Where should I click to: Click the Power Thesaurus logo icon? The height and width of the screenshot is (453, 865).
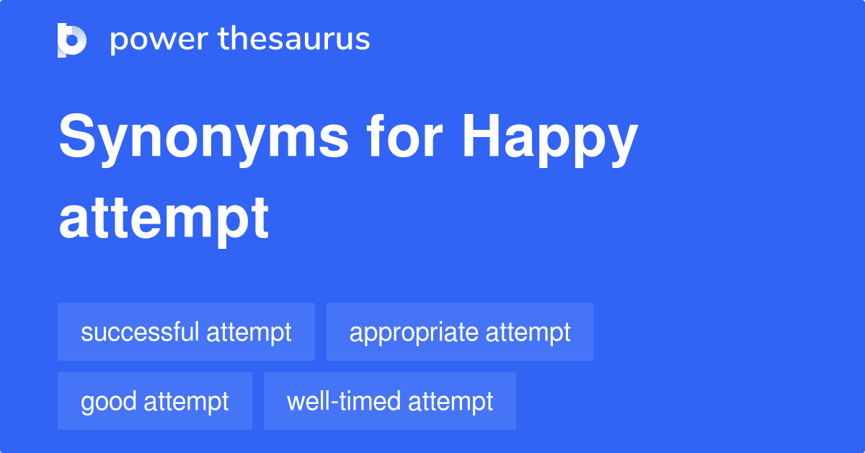(x=72, y=40)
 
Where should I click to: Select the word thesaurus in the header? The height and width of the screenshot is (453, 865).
(x=294, y=40)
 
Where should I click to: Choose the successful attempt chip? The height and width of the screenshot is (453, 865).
(x=186, y=332)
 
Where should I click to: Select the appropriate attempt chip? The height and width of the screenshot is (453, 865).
(x=460, y=332)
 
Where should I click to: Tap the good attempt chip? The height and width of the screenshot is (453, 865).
(x=155, y=401)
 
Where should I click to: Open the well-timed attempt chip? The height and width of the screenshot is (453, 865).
(x=390, y=401)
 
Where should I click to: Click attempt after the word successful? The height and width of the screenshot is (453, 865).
(x=249, y=333)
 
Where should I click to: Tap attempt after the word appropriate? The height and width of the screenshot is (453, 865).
(x=528, y=333)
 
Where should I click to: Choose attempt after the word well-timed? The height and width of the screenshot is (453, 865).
(x=451, y=402)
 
